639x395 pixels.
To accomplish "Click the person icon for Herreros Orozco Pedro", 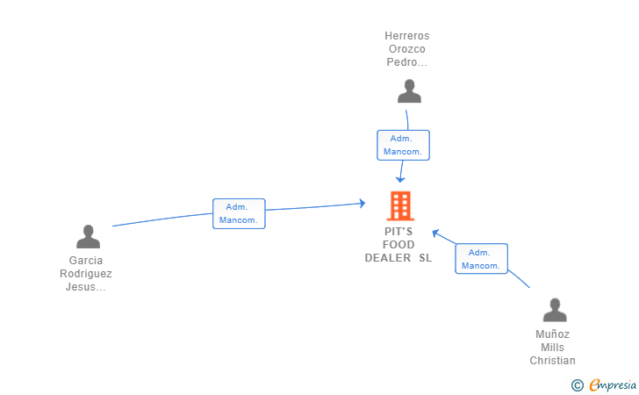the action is coord(409,91).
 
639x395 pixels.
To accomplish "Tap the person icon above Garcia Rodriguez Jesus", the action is coord(88,236).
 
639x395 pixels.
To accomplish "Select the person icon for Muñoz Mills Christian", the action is coord(555,310).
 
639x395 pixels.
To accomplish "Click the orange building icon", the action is coord(400,206).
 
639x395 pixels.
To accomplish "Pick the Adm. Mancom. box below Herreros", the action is coord(403,145).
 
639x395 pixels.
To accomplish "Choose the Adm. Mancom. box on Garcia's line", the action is coord(239,213).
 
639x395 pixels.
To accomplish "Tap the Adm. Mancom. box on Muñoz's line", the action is coord(481,259).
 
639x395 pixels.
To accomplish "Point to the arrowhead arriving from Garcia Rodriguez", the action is coord(363,203).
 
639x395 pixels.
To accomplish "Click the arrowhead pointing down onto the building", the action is coord(400,179).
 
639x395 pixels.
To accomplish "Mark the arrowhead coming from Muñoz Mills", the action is coord(435,233).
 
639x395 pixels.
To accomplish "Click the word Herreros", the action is coord(407,36).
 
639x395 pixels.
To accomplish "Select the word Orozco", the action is coord(407,49).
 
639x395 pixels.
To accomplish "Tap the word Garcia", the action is coord(86,261).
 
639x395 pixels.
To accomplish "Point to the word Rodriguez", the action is coord(86,274).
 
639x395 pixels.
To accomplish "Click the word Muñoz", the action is coord(553,334).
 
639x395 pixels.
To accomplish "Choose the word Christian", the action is coord(553,361).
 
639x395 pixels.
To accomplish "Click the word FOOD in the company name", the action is coord(398,245).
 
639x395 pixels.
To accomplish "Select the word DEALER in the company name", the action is coord(388,257).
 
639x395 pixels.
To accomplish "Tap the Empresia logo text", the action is coord(613,384).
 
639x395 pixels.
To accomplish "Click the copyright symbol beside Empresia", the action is coord(578,385).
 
